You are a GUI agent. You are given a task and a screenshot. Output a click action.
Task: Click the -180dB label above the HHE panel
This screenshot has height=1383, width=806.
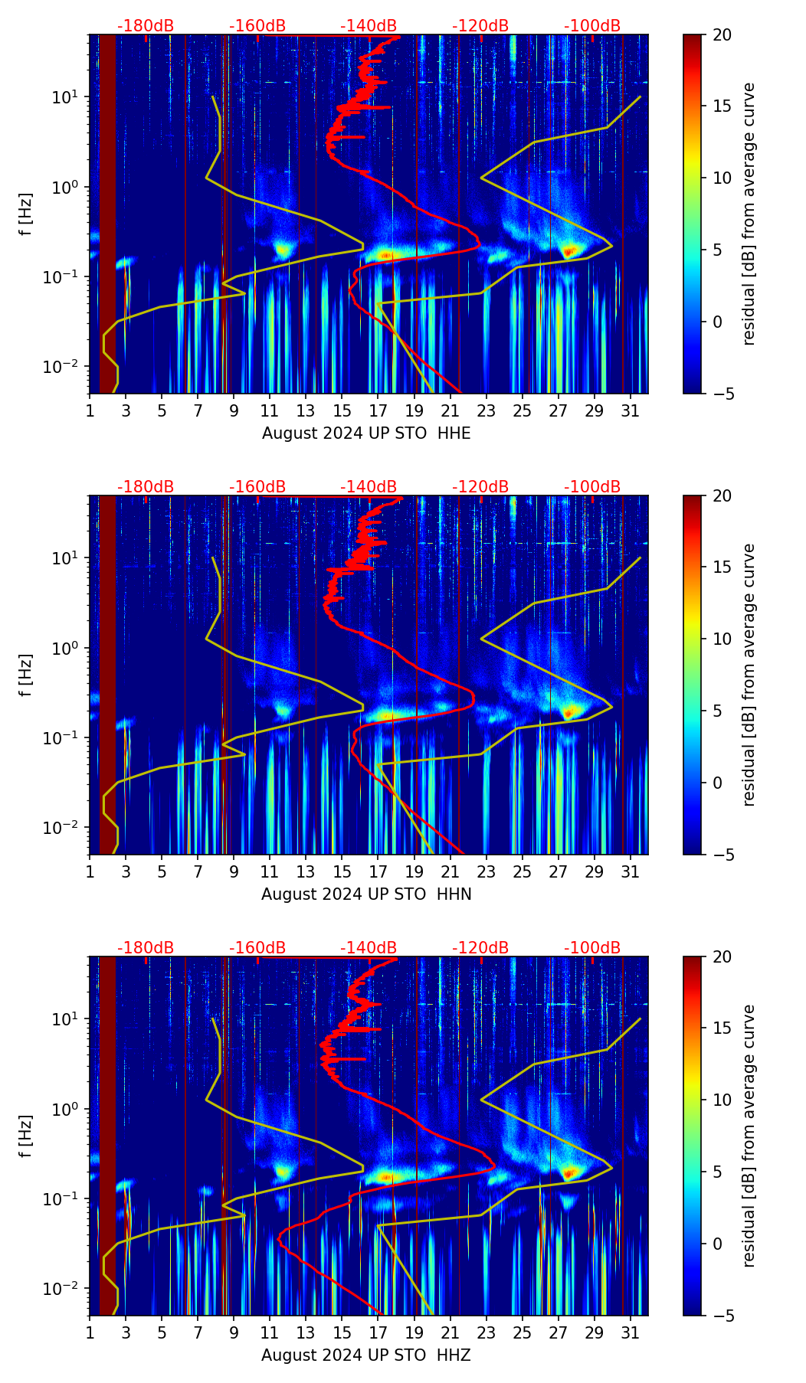(146, 26)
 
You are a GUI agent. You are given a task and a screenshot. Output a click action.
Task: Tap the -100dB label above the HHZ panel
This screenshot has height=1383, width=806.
(592, 948)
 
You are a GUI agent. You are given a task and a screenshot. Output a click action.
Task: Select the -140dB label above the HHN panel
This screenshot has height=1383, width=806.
(369, 487)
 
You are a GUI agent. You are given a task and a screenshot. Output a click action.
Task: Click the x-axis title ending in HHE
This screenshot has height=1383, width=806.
(366, 433)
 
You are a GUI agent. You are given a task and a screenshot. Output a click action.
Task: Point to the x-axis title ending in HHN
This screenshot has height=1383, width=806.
(366, 894)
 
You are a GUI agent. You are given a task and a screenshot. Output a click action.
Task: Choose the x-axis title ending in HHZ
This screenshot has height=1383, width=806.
(366, 1355)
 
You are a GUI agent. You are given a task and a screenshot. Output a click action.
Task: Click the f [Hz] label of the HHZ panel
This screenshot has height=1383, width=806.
(26, 1136)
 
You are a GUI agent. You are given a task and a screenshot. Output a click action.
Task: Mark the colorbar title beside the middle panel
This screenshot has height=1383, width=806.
(749, 675)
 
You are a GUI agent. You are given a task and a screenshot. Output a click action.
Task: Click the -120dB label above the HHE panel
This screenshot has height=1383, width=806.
(480, 26)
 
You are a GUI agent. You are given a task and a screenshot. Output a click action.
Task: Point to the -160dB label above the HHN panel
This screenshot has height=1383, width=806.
(257, 487)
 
